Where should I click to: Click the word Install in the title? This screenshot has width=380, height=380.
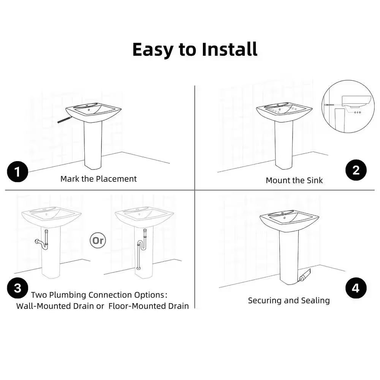coord(230,49)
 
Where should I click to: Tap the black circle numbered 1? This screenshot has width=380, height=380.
coord(17,172)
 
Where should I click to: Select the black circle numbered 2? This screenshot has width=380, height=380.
coord(356,170)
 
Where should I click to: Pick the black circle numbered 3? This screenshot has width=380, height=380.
coord(17,288)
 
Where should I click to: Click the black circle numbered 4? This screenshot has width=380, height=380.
coord(356,288)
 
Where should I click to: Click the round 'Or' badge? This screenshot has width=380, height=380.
coord(98,240)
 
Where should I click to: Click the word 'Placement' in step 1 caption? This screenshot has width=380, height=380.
coord(116,179)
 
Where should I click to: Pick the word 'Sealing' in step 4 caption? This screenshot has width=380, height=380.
coord(314,301)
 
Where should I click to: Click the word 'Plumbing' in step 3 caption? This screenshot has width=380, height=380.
coord(68,295)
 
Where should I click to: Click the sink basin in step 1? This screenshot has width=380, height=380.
coord(93,111)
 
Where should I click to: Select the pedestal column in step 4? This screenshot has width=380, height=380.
coord(289,255)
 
